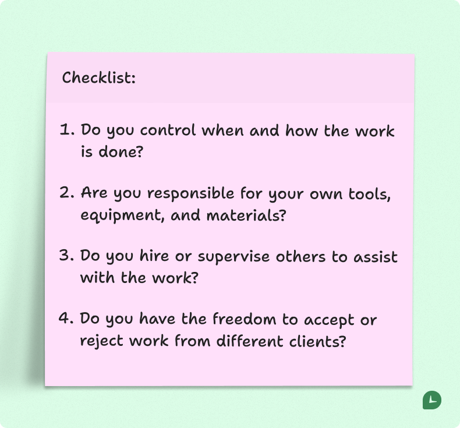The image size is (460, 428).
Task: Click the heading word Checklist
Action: click(x=98, y=77)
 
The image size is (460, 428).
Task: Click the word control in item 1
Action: click(x=168, y=130)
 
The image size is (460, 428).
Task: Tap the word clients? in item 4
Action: click(x=318, y=341)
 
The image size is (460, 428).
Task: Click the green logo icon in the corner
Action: click(x=431, y=400)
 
